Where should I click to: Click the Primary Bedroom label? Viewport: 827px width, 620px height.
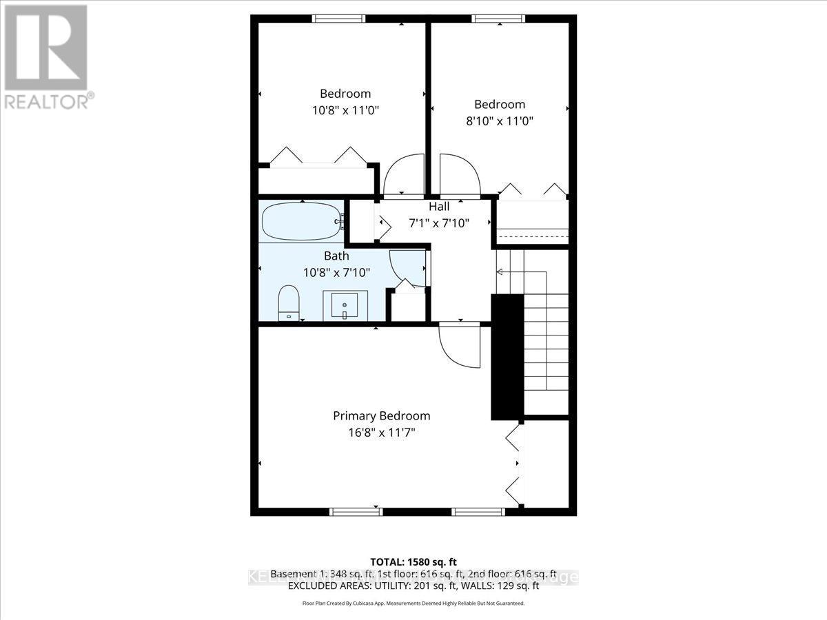click(x=381, y=416)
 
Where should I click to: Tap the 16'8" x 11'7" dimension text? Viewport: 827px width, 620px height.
click(x=381, y=433)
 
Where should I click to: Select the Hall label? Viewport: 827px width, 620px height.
click(x=439, y=207)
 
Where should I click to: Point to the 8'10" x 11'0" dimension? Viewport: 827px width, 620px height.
click(x=499, y=121)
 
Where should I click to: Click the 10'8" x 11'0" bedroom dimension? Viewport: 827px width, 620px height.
click(x=345, y=110)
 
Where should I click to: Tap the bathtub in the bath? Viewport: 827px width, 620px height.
click(x=302, y=220)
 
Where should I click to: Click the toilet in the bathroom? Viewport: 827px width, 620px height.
click(x=288, y=303)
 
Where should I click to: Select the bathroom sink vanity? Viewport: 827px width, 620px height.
click(x=345, y=305)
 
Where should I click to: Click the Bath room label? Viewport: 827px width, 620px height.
click(x=336, y=256)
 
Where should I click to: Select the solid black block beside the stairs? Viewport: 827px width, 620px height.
click(x=507, y=357)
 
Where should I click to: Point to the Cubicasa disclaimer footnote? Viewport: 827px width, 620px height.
click(x=413, y=603)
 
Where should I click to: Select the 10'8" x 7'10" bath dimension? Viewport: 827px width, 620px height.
click(x=336, y=272)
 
